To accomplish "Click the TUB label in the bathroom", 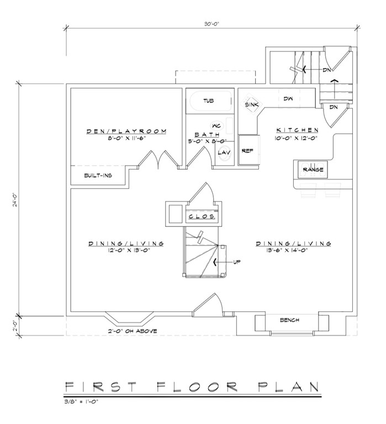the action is click(x=209, y=101).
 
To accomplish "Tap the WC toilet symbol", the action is click(x=216, y=126).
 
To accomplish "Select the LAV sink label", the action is click(x=224, y=152).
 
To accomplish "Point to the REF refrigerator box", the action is click(x=248, y=150).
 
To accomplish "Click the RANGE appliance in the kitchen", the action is click(x=313, y=169).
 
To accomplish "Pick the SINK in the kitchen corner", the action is click(x=252, y=104).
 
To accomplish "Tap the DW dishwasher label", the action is click(x=288, y=99).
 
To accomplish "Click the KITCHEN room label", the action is click(x=297, y=130).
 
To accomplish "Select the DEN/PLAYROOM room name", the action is click(x=126, y=131).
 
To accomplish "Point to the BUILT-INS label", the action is click(x=98, y=175).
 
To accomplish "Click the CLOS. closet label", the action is click(x=202, y=216).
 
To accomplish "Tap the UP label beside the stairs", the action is click(x=237, y=262).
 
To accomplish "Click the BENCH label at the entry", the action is click(x=289, y=320).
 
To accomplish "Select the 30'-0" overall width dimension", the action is click(x=211, y=24).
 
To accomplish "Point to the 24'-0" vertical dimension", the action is click(x=15, y=199).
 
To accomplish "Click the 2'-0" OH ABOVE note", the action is click(x=133, y=331).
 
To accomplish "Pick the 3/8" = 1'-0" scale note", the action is click(x=81, y=401).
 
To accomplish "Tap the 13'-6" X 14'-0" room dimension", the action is click(x=287, y=250).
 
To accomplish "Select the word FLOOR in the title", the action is click(x=197, y=386).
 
